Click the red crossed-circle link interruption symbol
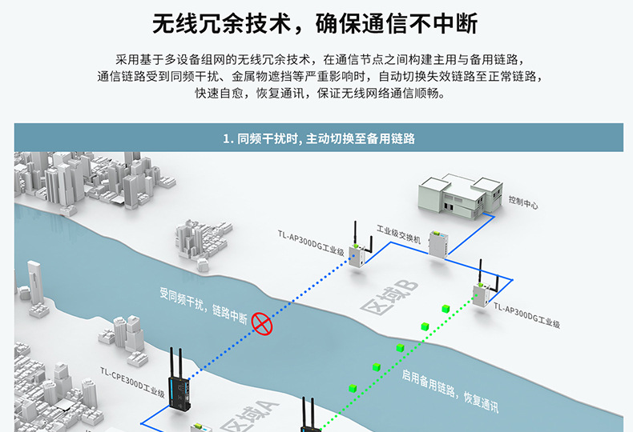coord(262,322)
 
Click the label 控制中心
coord(523,200)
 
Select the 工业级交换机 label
coord(398,239)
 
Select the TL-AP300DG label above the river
coord(311,242)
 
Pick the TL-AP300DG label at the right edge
coord(526,317)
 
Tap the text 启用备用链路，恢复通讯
coord(450,392)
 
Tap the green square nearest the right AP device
coord(445,307)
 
